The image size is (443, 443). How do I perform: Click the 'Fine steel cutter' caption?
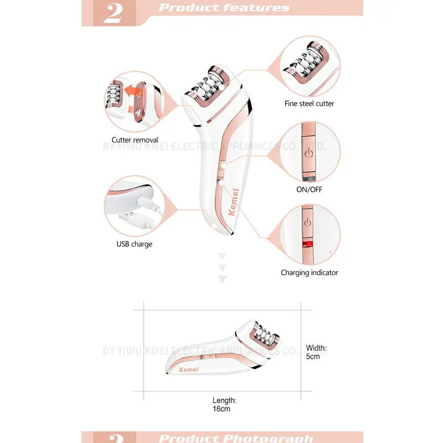click(x=309, y=104)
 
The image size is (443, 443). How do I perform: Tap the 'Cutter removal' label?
click(x=135, y=140)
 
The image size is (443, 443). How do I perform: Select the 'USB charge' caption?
click(x=134, y=244)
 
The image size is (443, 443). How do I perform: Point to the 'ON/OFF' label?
click(x=309, y=189)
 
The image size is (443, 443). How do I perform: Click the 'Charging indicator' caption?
click(x=309, y=272)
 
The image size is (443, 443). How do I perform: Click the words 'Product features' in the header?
click(x=224, y=8)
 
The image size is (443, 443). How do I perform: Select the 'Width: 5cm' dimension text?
click(x=316, y=352)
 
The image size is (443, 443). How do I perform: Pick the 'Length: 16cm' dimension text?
click(x=224, y=404)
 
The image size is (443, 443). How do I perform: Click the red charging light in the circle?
click(x=306, y=244)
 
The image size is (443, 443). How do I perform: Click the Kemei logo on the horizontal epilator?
click(x=189, y=369)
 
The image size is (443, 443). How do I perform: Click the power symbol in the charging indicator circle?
click(x=308, y=223)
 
